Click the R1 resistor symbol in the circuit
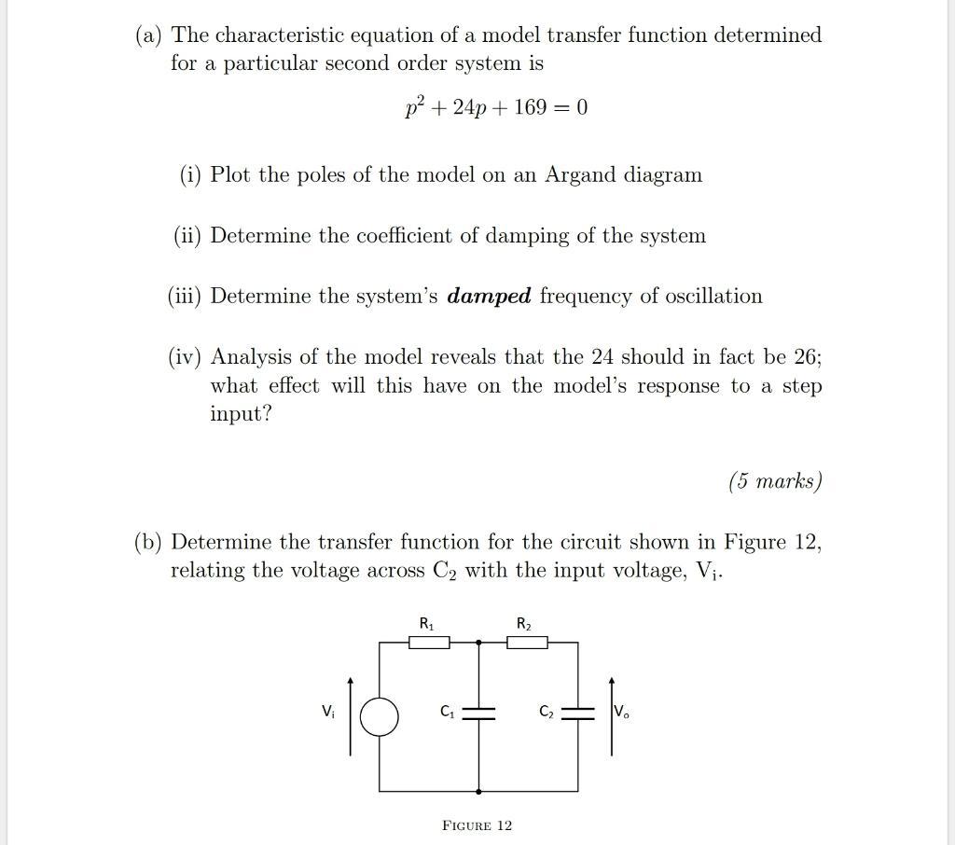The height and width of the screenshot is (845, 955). (429, 642)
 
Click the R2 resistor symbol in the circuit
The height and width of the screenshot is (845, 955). (527, 642)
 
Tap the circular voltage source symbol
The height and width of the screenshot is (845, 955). (380, 717)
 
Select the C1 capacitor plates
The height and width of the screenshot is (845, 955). (479, 713)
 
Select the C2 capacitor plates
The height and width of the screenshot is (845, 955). (578, 713)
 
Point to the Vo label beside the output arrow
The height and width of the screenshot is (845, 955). (621, 713)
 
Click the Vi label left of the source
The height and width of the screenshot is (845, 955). (327, 712)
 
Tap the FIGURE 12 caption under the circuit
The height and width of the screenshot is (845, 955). (477, 825)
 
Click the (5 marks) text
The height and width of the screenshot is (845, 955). (775, 481)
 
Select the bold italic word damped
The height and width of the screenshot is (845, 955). (490, 297)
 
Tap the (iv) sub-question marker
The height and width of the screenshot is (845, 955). (186, 357)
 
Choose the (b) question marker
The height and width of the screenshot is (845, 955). (148, 542)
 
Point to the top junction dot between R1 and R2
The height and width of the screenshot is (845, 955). (479, 642)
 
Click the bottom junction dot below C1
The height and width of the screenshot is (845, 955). (479, 791)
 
